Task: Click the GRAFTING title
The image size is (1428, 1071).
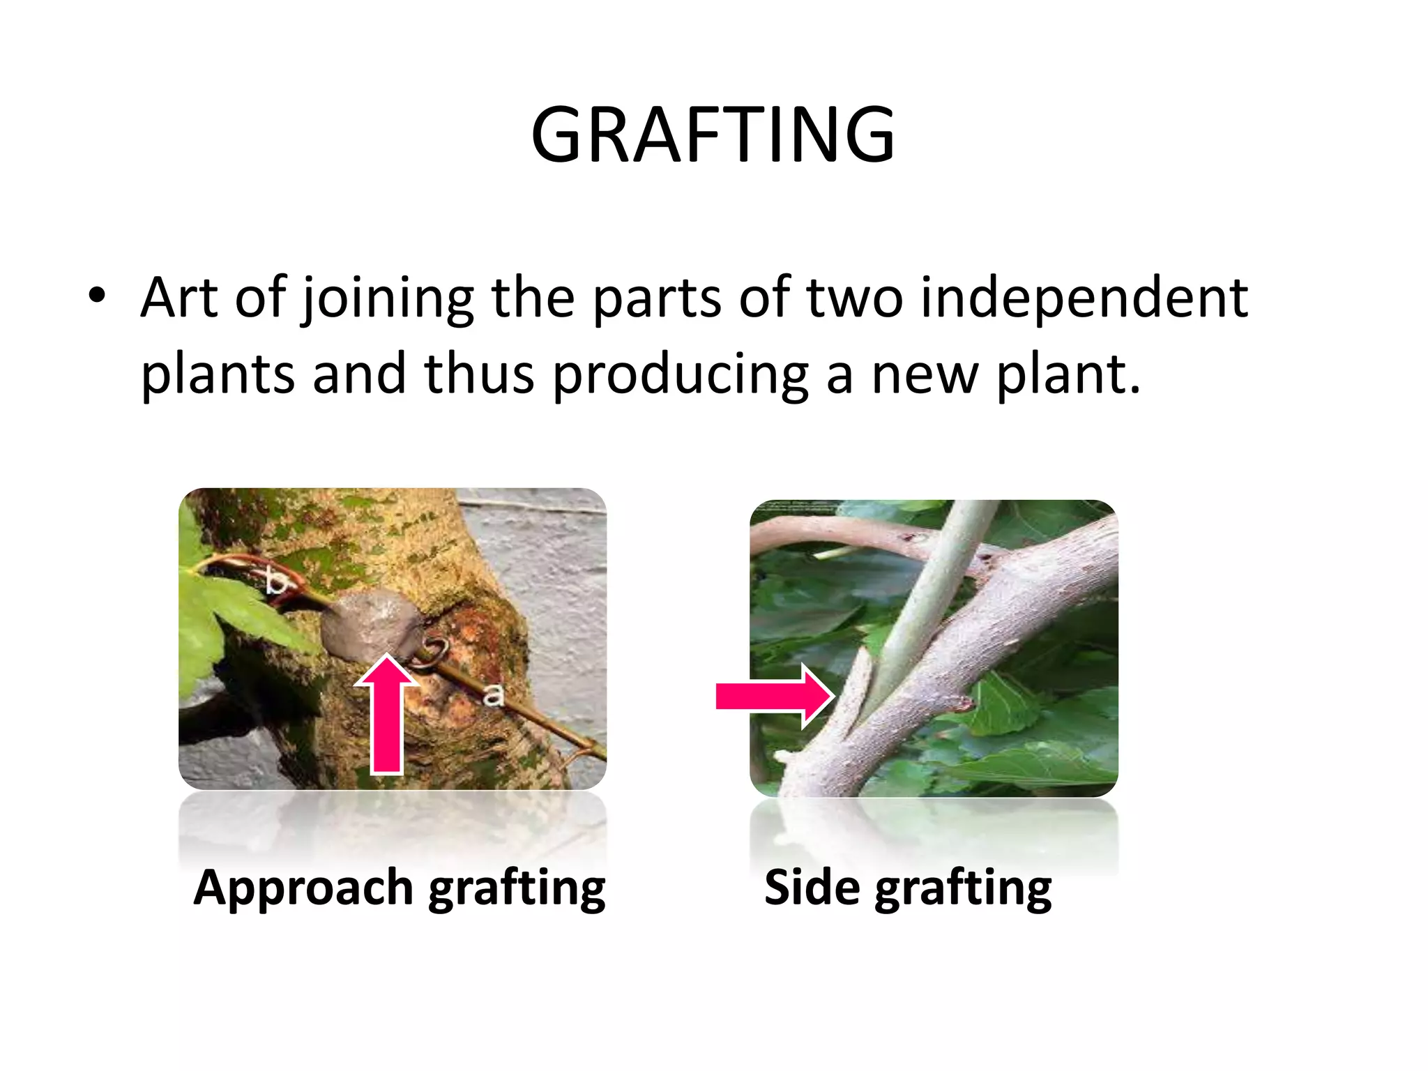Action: (713, 135)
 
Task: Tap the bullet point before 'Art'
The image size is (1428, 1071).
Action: (97, 297)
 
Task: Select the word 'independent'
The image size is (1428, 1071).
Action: (1084, 298)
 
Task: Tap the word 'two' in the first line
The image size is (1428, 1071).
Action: (855, 298)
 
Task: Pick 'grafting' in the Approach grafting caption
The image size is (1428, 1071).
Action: (517, 889)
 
